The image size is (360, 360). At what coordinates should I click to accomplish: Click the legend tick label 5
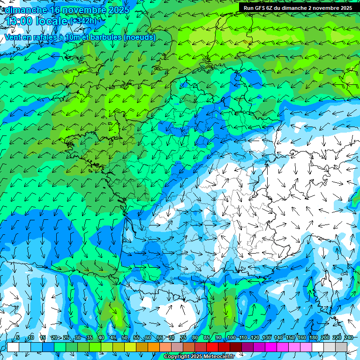point(18,337)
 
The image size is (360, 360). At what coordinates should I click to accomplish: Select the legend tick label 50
point(125,337)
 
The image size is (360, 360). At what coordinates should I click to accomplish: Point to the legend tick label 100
point(231,337)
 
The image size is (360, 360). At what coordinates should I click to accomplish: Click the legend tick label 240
point(348,337)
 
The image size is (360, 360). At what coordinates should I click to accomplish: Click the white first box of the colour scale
point(13,347)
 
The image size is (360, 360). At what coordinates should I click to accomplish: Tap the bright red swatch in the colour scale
point(213,347)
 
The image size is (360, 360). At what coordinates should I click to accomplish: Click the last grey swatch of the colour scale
point(341,347)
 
